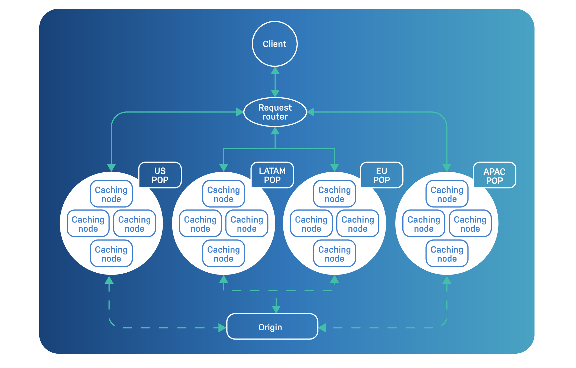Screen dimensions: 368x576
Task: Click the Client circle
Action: click(x=275, y=44)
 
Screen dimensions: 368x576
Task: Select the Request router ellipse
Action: click(x=275, y=112)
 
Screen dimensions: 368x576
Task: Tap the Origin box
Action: click(x=272, y=327)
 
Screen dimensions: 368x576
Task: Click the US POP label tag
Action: click(x=160, y=175)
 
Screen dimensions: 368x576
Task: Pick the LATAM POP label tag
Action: click(x=272, y=175)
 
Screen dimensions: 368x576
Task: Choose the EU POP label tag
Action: click(x=381, y=175)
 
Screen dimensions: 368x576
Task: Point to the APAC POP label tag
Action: click(x=494, y=176)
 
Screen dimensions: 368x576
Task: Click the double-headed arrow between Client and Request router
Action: click(x=275, y=82)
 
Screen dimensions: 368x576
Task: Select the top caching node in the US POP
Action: click(x=111, y=194)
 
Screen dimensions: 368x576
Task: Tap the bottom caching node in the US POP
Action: click(x=111, y=254)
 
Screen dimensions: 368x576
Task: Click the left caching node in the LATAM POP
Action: click(x=200, y=224)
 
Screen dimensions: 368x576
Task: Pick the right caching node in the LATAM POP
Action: click(x=247, y=224)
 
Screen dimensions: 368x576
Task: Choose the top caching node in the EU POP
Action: click(x=334, y=194)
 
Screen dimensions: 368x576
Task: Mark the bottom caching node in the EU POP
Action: click(x=334, y=254)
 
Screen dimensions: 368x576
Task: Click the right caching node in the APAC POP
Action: click(x=470, y=224)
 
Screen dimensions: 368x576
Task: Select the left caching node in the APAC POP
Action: click(x=424, y=224)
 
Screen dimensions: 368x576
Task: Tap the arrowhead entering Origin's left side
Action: click(x=222, y=328)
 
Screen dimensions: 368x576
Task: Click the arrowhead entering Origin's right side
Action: click(x=322, y=328)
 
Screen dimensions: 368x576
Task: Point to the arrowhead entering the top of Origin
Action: click(x=276, y=309)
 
